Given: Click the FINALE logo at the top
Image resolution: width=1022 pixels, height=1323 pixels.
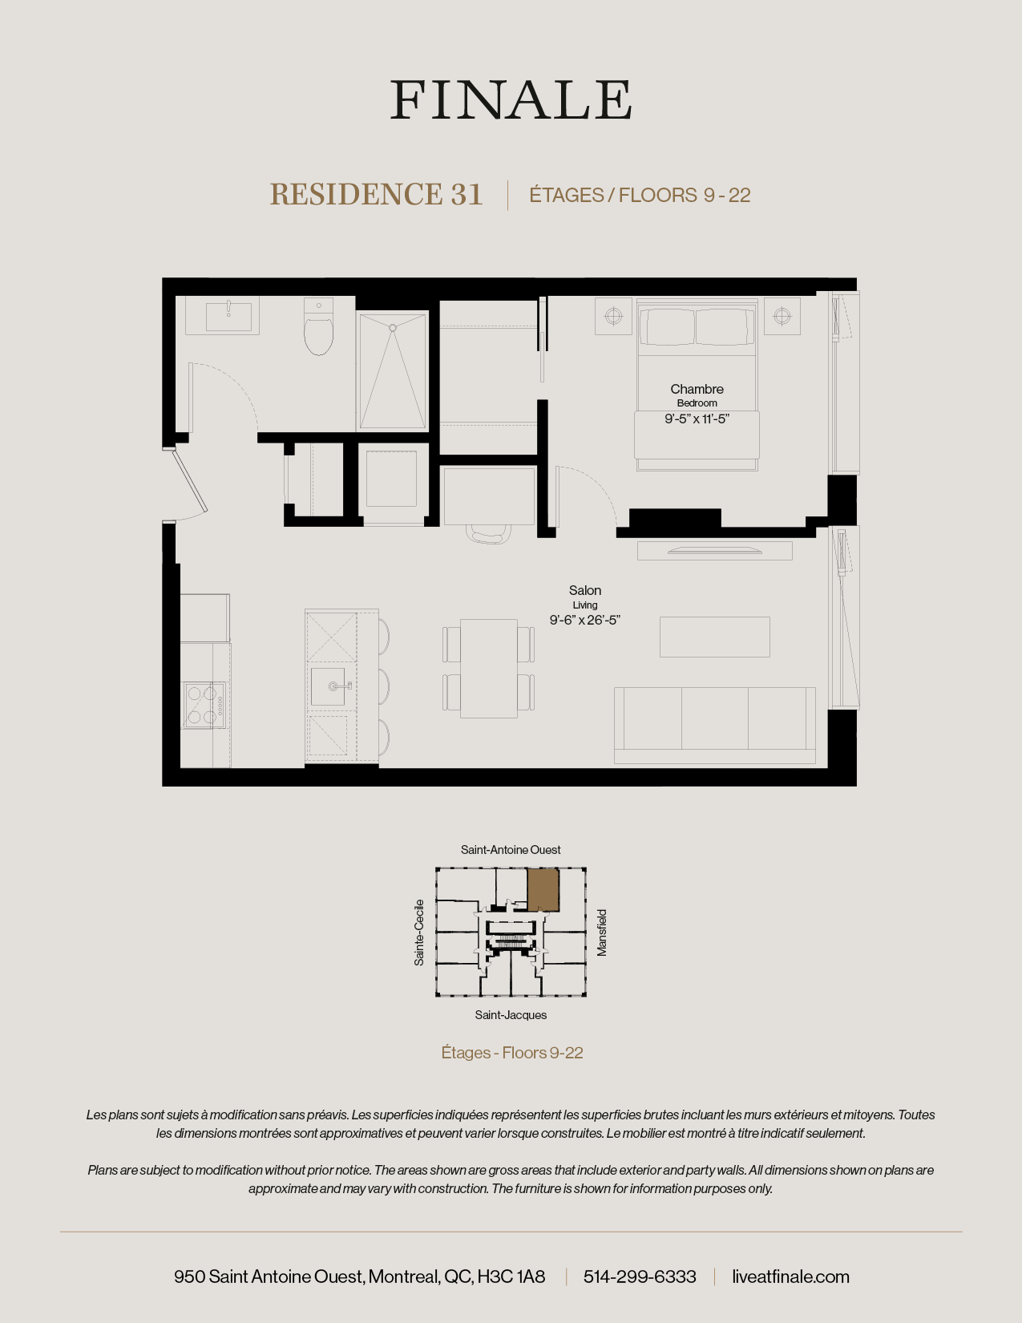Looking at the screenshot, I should click(x=511, y=100).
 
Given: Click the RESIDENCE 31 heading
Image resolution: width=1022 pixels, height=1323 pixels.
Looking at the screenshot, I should click(x=376, y=195).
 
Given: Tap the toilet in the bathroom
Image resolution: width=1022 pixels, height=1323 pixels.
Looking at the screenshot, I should click(x=318, y=332).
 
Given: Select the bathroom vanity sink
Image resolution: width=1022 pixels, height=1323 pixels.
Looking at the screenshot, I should click(x=228, y=316).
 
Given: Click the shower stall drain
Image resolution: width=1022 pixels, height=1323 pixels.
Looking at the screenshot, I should click(x=393, y=328).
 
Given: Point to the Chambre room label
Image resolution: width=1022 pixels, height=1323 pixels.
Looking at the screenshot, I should click(x=697, y=389).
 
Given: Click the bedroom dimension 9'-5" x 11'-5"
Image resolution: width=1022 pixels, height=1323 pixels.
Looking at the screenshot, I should click(x=697, y=419).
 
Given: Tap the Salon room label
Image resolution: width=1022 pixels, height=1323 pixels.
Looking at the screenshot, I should click(x=585, y=590).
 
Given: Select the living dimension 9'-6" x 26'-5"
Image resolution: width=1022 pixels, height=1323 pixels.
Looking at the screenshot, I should click(x=585, y=620).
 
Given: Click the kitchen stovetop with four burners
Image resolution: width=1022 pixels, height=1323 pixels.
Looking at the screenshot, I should click(x=204, y=704).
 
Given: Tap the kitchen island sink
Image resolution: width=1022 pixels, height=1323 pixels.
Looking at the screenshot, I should click(x=329, y=686).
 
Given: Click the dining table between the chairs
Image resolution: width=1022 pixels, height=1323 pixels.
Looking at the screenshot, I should click(x=488, y=668).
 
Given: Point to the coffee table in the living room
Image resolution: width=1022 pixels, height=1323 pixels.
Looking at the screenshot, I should click(x=714, y=637).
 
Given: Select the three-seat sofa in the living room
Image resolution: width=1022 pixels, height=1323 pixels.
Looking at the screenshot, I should click(x=714, y=724).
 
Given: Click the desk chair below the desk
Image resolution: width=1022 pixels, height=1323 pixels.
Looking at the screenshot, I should click(x=489, y=534).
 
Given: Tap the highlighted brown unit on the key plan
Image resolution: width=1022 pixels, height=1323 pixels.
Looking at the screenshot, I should click(x=543, y=889).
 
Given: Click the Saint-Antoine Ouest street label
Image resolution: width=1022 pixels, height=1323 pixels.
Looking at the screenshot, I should click(x=511, y=850).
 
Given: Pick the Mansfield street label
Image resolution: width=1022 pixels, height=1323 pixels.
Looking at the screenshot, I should click(x=602, y=933).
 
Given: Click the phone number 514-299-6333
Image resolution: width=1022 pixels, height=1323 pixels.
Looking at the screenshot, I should click(x=640, y=1276).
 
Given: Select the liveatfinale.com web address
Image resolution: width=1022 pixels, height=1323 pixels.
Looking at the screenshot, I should click(x=790, y=1276).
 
